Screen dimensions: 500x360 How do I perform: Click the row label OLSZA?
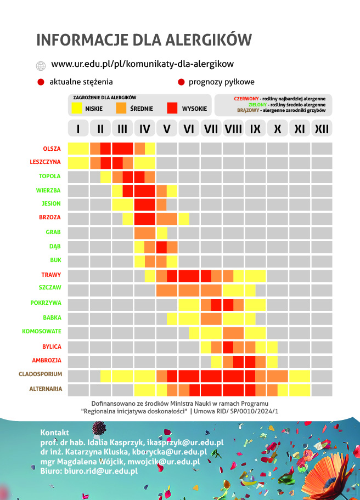[x=52, y=149]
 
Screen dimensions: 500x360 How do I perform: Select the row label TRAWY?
[x=50, y=275]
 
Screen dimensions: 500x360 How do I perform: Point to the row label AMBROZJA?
[x=47, y=360]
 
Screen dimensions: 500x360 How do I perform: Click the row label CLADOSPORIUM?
[x=40, y=374]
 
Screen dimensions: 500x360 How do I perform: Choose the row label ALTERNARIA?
[x=45, y=389]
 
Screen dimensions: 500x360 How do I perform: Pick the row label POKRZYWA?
[x=46, y=303]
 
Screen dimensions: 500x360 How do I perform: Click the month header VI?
[x=189, y=129]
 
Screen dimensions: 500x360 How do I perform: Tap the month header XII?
[x=322, y=129]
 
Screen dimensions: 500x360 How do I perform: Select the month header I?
[x=78, y=129]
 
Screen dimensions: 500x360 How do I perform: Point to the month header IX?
[x=255, y=129]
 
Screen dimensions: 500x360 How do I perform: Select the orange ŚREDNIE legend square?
[x=122, y=109]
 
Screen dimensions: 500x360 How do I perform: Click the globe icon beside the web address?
[x=40, y=66]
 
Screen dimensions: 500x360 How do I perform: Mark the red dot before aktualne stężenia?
[x=40, y=82]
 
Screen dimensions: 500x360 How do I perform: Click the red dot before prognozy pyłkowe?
[x=181, y=82]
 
